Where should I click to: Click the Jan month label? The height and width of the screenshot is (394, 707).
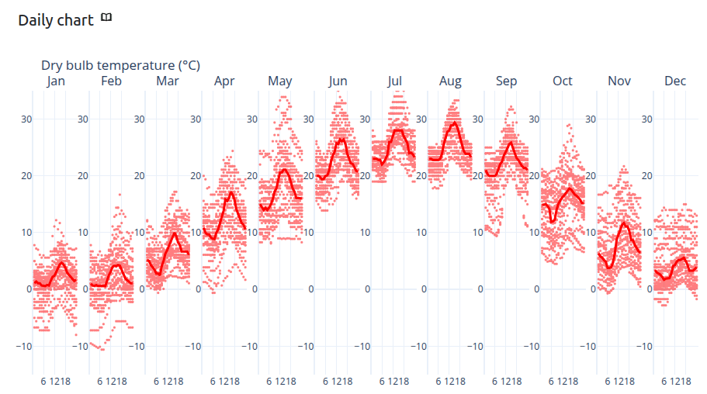coord(56,81)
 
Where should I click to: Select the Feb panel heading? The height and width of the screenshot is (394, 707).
coord(111,81)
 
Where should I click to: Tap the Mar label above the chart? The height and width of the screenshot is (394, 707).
coord(168,81)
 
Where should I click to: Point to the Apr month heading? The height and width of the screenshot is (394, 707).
coord(224,81)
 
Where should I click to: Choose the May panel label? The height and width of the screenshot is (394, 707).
coord(279,81)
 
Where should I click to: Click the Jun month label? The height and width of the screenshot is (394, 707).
coord(338,81)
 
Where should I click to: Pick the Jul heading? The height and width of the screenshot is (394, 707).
coord(394,81)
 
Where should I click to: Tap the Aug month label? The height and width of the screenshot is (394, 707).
coord(450,81)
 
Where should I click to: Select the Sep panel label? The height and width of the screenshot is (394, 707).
coord(506,81)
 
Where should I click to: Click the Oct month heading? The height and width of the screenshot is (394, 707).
coord(563,81)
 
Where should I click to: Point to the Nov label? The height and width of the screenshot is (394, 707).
coord(619,81)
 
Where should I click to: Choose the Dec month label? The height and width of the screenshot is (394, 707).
coord(675,81)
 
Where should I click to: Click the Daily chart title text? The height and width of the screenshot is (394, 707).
coord(56,20)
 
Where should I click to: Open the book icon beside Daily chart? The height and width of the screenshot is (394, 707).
coord(106,17)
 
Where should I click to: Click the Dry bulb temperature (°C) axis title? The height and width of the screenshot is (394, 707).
coord(120,66)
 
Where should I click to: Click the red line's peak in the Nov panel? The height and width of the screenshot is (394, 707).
coord(624,223)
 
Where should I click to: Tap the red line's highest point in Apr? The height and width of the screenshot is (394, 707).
coord(230,192)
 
